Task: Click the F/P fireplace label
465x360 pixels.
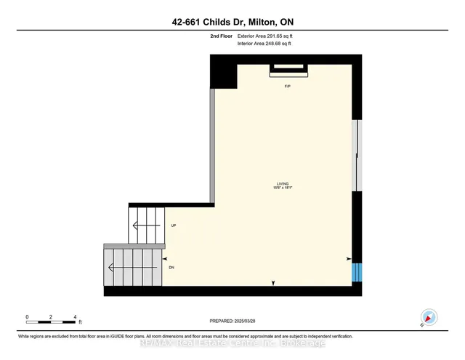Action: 288,86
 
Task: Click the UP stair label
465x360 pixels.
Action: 174,225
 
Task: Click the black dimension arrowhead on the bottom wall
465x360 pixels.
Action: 273,282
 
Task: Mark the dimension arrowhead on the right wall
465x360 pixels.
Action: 349,259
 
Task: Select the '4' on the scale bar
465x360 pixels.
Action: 76,317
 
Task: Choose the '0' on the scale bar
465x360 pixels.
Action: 27,317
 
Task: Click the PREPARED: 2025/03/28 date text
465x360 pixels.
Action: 233,320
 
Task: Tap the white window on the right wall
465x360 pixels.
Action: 356,156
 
